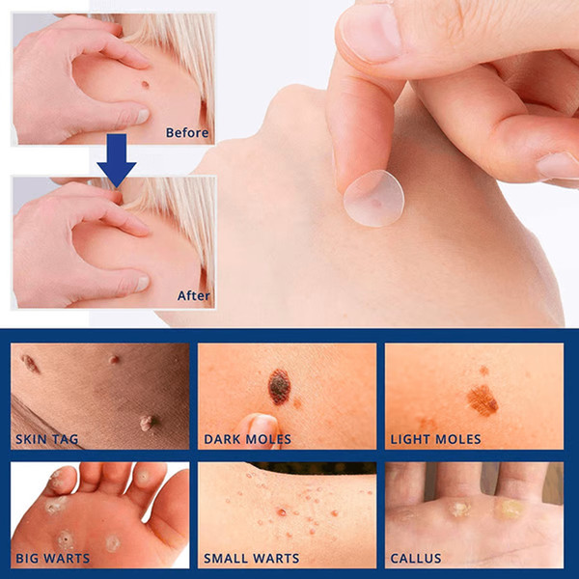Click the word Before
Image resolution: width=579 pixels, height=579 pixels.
[187, 132]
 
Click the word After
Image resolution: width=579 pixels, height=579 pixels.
[194, 295]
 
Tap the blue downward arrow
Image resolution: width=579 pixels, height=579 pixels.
[117, 160]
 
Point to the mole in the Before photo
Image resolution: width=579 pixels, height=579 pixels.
[145, 85]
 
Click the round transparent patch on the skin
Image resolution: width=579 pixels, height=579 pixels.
[373, 198]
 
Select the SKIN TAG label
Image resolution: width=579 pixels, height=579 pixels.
[47, 439]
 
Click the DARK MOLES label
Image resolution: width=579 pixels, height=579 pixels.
[247, 439]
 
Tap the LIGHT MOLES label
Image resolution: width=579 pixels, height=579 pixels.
[436, 439]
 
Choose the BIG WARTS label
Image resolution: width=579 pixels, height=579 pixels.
[52, 558]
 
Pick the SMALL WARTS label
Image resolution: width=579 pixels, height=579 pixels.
[252, 558]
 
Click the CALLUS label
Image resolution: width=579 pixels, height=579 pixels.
[416, 558]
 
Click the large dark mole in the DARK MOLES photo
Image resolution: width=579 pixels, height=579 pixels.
[279, 387]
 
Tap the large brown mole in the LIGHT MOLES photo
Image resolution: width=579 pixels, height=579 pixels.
[482, 400]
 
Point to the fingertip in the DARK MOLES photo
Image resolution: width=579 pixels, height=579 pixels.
[261, 428]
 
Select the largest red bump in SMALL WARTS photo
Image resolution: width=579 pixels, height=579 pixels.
[282, 512]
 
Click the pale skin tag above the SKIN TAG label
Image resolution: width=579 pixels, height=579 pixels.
[147, 424]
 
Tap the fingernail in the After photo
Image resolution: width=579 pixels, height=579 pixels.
[143, 283]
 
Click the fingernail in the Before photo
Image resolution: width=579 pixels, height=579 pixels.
[143, 116]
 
